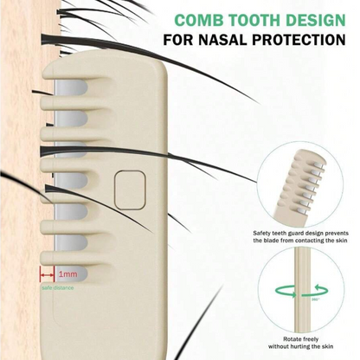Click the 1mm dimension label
tap(68, 273)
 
